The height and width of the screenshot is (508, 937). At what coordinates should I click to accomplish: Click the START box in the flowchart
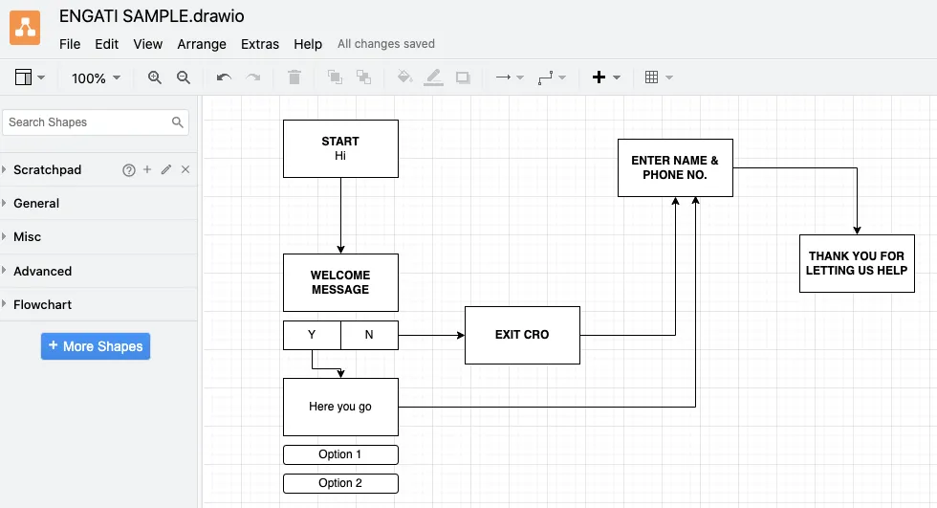(x=340, y=149)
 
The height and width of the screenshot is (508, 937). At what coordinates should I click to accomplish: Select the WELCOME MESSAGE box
(x=340, y=282)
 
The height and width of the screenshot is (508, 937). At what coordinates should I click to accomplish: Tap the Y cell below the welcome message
(x=312, y=335)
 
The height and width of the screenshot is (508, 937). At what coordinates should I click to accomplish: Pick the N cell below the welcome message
(x=369, y=335)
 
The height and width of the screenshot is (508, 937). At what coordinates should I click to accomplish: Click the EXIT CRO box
(x=522, y=335)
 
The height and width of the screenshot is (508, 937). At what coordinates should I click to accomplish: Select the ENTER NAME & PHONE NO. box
(x=675, y=168)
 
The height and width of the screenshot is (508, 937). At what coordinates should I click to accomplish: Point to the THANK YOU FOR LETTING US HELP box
(x=857, y=263)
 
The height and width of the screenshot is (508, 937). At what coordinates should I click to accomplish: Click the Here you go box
(x=340, y=407)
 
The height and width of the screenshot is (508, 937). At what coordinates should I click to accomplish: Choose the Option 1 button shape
(x=340, y=454)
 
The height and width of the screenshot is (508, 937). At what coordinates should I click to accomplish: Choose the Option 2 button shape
(x=340, y=483)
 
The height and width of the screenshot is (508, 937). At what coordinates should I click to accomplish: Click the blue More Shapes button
(x=96, y=346)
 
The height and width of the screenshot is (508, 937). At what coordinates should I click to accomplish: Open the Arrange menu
(x=202, y=44)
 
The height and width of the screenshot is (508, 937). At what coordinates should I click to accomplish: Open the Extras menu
(x=260, y=44)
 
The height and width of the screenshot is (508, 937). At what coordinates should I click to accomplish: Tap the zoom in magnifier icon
(x=155, y=77)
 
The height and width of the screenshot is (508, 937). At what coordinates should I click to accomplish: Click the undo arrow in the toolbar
(x=224, y=77)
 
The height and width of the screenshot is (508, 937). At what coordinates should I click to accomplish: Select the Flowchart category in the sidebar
(x=42, y=305)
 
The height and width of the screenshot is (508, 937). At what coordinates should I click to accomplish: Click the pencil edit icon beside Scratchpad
(x=166, y=169)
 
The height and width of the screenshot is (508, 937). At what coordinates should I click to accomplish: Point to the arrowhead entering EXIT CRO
(x=461, y=335)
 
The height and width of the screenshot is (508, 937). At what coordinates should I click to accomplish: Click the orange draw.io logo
(x=25, y=28)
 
